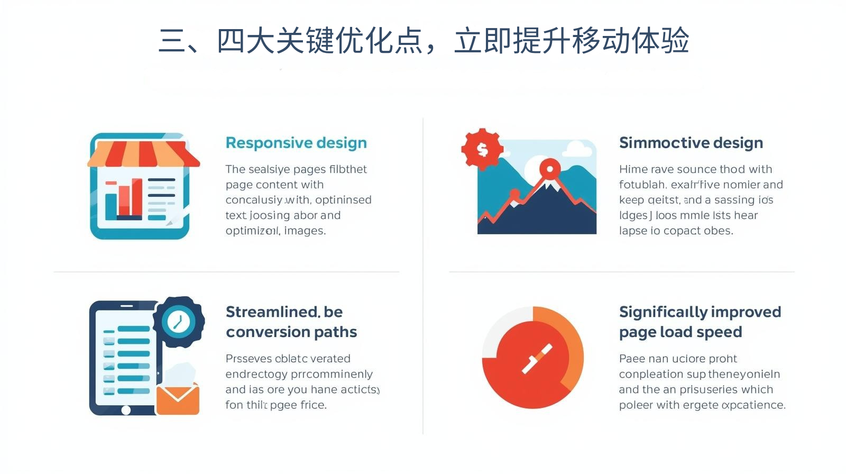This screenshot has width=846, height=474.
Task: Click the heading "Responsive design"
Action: pos(296,143)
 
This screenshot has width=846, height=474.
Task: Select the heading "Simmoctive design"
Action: pos(691,143)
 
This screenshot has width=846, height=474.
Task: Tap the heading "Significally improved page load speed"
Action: pos(700,322)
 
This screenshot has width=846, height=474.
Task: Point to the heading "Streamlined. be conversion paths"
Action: pos(291,322)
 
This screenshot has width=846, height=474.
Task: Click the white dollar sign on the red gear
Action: pos(482,149)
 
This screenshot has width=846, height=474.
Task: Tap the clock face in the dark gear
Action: pos(178,321)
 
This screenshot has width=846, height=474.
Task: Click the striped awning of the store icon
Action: pos(144,153)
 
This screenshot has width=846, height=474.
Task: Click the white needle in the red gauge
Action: pos(537,359)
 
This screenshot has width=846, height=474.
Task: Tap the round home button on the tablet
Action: pos(126,410)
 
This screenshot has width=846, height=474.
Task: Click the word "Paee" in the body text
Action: pos(632,359)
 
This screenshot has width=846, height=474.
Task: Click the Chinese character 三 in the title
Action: pos(172,41)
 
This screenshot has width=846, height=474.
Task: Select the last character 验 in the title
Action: pos(675,41)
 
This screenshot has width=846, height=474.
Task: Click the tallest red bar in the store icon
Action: pos(137,197)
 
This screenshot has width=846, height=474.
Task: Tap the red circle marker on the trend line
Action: pos(549,169)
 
